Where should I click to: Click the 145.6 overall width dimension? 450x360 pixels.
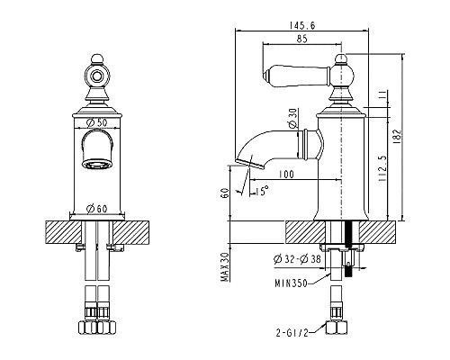(302, 25)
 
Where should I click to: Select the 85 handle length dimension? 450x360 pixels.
(302, 39)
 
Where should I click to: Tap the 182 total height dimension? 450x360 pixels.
(397, 137)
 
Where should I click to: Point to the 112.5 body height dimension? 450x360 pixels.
(382, 168)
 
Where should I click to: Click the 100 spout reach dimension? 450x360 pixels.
(286, 174)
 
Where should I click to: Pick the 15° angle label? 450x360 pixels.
(262, 191)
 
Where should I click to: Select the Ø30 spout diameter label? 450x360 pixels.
(293, 119)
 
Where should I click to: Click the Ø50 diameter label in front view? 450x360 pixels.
(96, 122)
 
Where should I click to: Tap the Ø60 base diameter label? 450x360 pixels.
(96, 209)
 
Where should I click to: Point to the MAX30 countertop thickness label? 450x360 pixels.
(225, 267)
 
